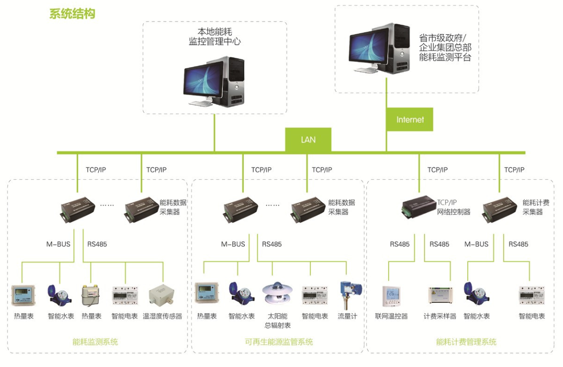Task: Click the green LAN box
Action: click(308, 140)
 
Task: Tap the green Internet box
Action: click(410, 119)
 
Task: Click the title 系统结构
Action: click(72, 14)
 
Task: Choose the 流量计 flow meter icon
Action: click(348, 294)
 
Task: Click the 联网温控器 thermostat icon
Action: click(391, 296)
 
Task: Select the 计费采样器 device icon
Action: click(440, 295)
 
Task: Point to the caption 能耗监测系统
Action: click(95, 342)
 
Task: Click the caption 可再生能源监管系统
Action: click(279, 342)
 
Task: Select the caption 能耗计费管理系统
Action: click(466, 342)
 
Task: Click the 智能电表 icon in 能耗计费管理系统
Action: click(531, 295)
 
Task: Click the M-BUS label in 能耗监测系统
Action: click(58, 244)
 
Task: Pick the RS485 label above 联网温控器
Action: click(400, 244)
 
